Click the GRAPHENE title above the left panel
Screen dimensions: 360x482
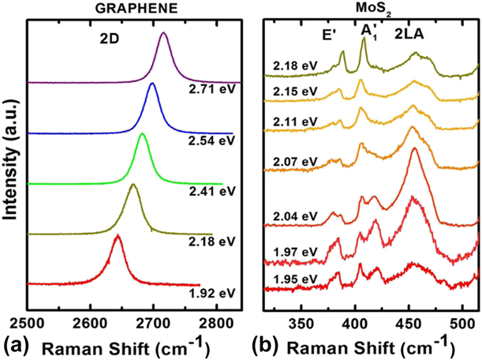coord(130,9)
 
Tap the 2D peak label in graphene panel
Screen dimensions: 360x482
coord(125,37)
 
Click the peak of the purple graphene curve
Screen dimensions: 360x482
coord(163,34)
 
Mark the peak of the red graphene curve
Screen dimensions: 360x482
coord(117,236)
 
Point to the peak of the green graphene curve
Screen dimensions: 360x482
coord(143,135)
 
